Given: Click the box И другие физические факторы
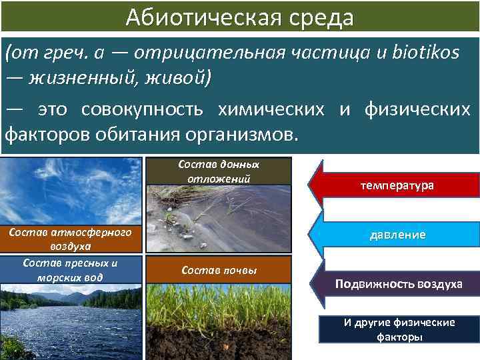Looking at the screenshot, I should coord(399,329).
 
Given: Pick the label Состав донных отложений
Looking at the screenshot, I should coord(219,171).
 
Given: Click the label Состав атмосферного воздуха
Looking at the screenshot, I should coord(71,239).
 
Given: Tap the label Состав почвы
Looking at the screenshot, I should coord(219,269).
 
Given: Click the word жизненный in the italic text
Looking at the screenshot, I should coord(80,79).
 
